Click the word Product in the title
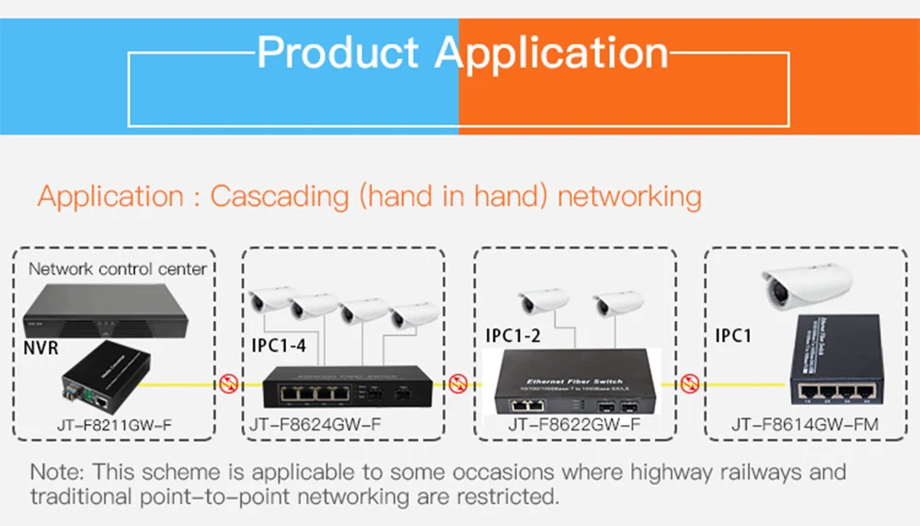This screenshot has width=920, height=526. tap(339, 52)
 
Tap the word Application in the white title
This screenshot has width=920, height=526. tap(552, 52)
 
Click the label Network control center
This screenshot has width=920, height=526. tap(118, 269)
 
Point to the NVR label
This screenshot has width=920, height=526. tap(42, 349)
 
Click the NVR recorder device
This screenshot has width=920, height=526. tap(106, 312)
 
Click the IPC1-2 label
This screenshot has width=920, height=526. tap(513, 336)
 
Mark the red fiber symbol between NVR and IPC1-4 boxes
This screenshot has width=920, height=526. tap(228, 383)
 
